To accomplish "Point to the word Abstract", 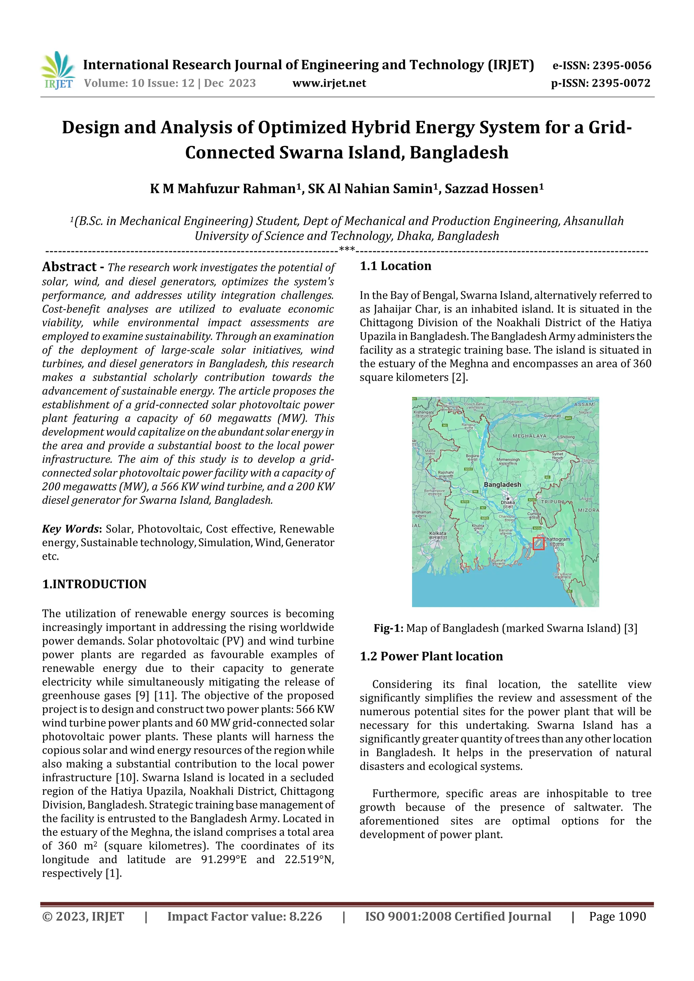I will pyautogui.click(x=69, y=267).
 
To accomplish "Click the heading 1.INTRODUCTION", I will pyautogui.click(x=94, y=584).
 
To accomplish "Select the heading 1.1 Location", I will pyautogui.click(x=395, y=266).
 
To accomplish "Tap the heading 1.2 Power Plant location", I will pyautogui.click(x=431, y=656).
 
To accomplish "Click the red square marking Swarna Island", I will pyautogui.click(x=539, y=543).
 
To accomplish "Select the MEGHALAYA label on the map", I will pyautogui.click(x=529, y=436).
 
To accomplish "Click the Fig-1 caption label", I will pyautogui.click(x=388, y=628).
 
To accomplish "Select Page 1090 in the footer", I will pyautogui.click(x=617, y=916).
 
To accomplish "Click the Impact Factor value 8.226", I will pyautogui.click(x=305, y=916).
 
